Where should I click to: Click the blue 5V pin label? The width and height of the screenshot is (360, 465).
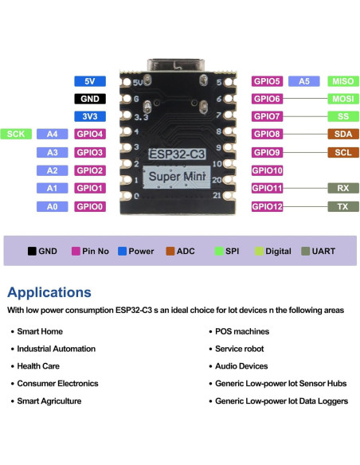90,81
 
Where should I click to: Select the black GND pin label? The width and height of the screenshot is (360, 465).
90,100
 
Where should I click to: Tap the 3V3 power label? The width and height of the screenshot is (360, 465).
90,116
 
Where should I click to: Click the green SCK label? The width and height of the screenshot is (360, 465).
16,134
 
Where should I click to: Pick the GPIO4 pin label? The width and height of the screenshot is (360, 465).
90,134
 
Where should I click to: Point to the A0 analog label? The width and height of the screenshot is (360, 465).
53,206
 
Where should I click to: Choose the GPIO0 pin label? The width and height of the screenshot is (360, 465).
90,206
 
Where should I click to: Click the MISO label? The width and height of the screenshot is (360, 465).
343,81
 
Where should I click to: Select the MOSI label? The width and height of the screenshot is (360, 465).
343,100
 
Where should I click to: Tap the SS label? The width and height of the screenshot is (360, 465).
343,116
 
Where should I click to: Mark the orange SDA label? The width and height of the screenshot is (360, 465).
343,134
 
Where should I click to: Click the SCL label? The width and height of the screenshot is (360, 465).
343,152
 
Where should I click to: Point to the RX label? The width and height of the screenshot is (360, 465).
343,188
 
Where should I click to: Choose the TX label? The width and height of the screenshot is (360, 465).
343,206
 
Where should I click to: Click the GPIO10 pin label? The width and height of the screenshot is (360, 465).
268,170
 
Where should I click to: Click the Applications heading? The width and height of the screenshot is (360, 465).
49,292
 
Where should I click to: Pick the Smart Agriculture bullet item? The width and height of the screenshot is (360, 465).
49,401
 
